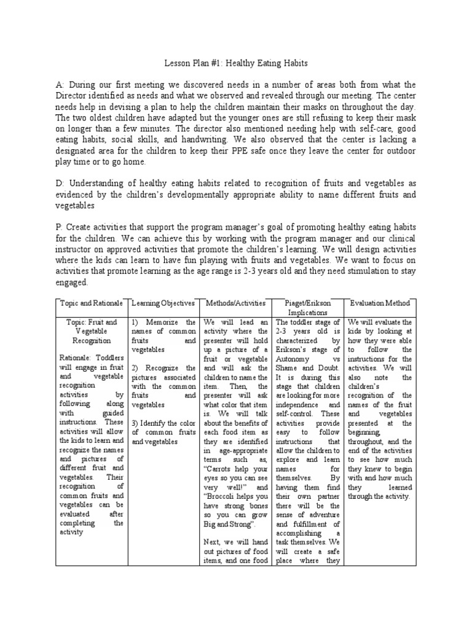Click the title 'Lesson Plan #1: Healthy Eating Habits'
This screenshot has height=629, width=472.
tap(236, 63)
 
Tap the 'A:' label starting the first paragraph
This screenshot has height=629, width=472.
tap(60, 85)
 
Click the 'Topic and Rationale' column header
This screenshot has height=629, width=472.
tap(91, 303)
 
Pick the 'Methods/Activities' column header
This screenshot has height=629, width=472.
tap(235, 303)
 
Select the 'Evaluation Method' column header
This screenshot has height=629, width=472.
tap(379, 303)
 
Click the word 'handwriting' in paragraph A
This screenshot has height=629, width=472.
tap(193, 139)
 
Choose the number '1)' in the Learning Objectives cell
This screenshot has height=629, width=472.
tap(136, 322)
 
